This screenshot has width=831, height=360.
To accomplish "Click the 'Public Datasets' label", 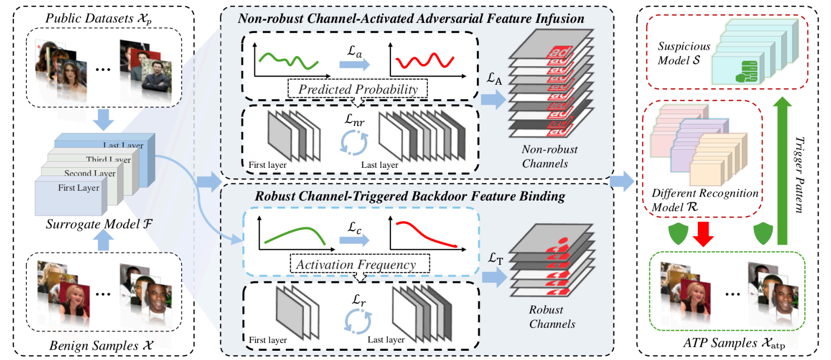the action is click(99, 19).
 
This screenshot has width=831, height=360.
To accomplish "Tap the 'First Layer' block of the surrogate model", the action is click(71, 196).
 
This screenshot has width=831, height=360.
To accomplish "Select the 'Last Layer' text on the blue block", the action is click(123, 145).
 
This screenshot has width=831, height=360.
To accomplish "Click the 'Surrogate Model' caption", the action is click(99, 224).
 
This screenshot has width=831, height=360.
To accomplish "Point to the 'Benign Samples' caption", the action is click(101, 345).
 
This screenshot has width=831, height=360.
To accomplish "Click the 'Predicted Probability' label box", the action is click(357, 89).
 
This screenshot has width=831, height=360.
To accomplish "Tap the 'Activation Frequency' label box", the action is click(359, 264).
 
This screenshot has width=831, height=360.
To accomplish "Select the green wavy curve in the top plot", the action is click(288, 61).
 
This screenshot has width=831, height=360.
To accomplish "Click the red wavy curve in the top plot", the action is click(425, 60).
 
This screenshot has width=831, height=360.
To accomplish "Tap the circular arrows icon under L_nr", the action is click(354, 142).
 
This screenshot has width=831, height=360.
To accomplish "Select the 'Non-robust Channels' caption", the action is click(548, 156).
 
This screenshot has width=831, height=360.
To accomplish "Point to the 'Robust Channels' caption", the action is click(551, 317).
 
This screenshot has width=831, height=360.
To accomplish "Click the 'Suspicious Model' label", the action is click(683, 53).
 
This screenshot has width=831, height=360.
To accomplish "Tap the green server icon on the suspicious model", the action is click(747, 72).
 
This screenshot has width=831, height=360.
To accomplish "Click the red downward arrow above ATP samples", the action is click(703, 234).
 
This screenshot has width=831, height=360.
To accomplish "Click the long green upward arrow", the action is click(782, 171).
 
